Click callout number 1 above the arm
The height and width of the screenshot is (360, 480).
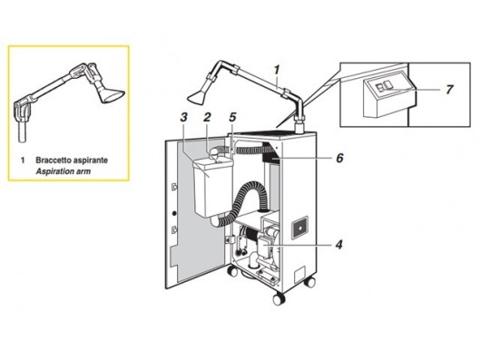(x=277, y=70)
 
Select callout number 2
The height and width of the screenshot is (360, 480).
(x=207, y=117)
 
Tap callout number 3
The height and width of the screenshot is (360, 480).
(x=183, y=117)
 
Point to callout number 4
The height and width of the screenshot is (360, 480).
(x=338, y=245)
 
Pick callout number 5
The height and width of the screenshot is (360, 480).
(x=232, y=117)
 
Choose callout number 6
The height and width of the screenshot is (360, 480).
(x=339, y=158)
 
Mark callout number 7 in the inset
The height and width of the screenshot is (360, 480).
(x=449, y=90)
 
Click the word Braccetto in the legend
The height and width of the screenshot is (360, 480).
(x=53, y=160)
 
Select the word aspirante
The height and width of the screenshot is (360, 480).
(x=90, y=161)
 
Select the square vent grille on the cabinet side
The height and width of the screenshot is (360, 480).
(x=299, y=227)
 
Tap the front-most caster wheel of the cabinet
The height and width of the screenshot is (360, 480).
(x=279, y=299)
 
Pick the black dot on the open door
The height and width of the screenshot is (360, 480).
(x=174, y=213)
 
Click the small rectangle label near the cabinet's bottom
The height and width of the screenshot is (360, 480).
(x=299, y=274)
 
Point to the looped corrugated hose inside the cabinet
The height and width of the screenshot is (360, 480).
(x=245, y=202)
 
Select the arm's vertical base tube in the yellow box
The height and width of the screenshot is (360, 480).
(x=22, y=131)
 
